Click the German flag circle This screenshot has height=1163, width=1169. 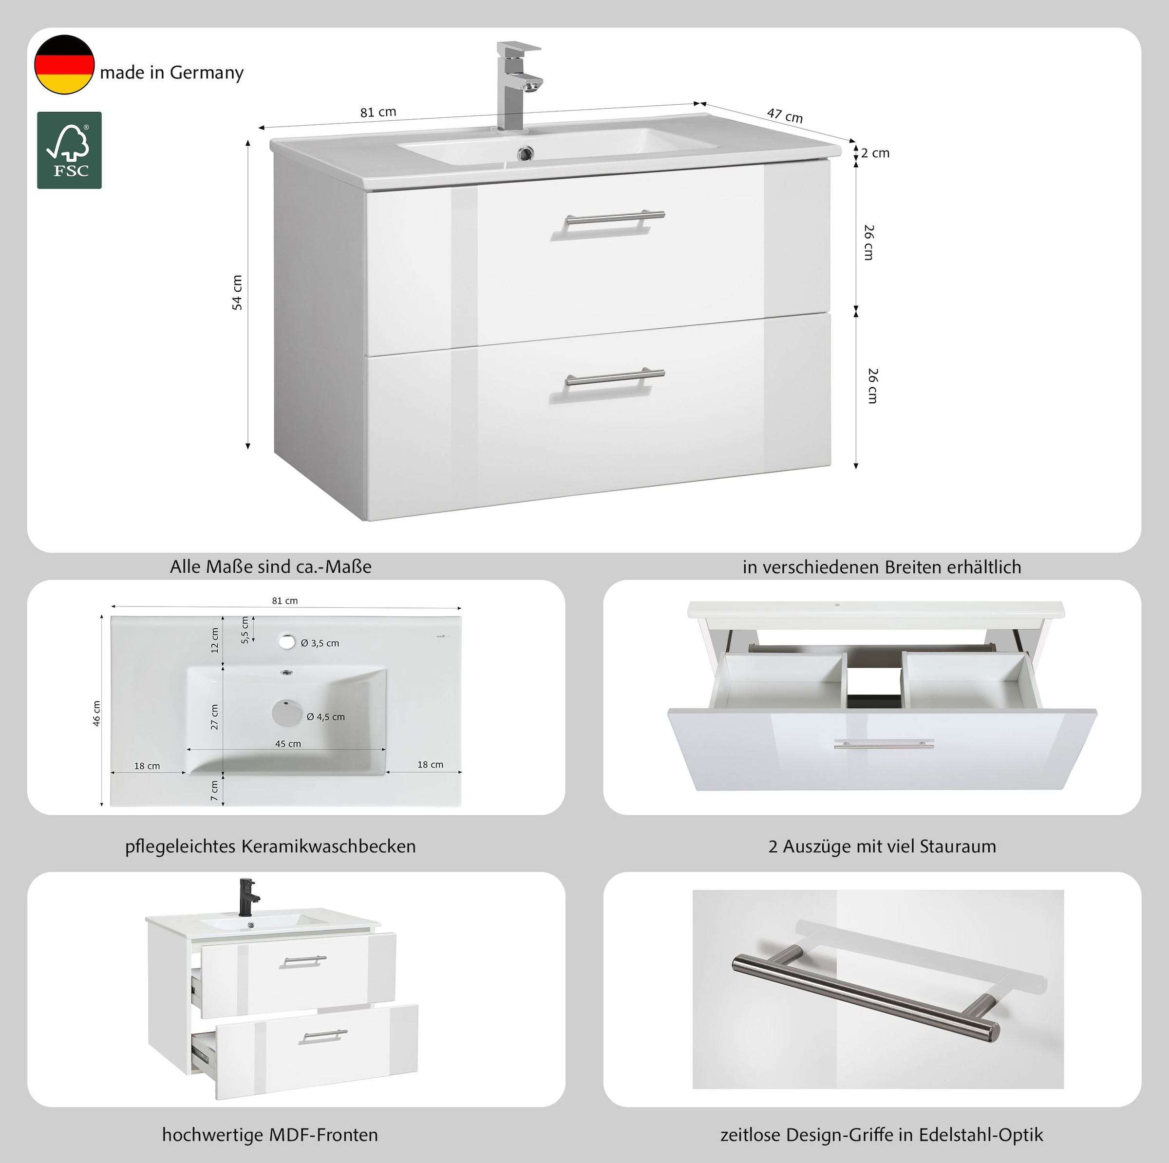[64, 65]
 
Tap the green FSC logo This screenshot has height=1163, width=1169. [70, 150]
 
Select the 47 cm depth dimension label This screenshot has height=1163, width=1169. [785, 115]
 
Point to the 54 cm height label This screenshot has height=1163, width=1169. [237, 292]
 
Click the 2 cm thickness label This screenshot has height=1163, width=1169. [876, 153]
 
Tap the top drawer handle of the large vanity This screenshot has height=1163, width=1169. [614, 219]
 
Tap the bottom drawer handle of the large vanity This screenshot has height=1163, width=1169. [614, 378]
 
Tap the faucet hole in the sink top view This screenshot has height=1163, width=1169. [286, 641]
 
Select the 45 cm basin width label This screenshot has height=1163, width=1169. [288, 744]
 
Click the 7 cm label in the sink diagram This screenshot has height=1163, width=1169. [214, 790]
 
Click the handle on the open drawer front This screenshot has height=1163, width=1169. [884, 744]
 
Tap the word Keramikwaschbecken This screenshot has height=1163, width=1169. [329, 846]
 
